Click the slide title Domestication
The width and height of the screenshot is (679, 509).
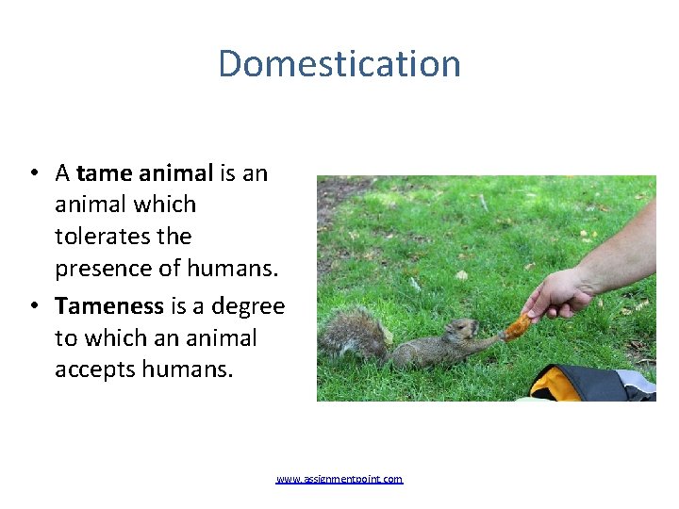339,64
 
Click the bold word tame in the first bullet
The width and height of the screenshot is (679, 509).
105,173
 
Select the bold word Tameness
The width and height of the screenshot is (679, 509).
109,306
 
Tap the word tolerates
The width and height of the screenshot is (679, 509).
123,237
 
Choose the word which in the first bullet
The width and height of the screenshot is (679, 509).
166,205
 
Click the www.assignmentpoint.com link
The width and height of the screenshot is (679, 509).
339,480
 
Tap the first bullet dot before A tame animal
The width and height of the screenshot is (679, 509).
33,173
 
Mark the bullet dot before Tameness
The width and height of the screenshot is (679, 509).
33,306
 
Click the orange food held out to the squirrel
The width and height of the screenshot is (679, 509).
518,326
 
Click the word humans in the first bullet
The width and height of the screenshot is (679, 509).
233,269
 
